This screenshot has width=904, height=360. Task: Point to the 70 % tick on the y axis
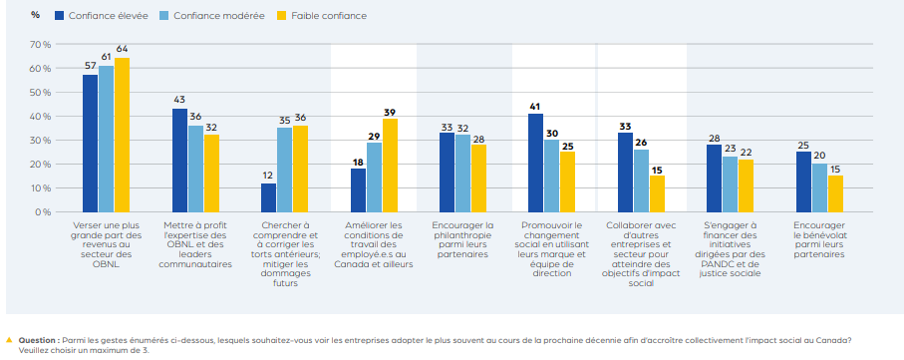coord(40,45)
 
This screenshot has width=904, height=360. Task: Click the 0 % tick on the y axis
coord(43,212)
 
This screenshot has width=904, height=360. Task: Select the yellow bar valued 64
coord(123,136)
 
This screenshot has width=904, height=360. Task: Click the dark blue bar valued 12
coord(268,197)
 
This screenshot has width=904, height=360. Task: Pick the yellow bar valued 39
coord(390,166)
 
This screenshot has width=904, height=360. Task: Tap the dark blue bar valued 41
coord(535,163)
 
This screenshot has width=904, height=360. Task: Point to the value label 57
coord(90,66)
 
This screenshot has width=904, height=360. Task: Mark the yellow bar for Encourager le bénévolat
coord(835,193)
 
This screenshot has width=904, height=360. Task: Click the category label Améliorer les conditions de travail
coord(375,245)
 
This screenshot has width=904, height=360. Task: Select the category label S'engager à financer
coord(731,245)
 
